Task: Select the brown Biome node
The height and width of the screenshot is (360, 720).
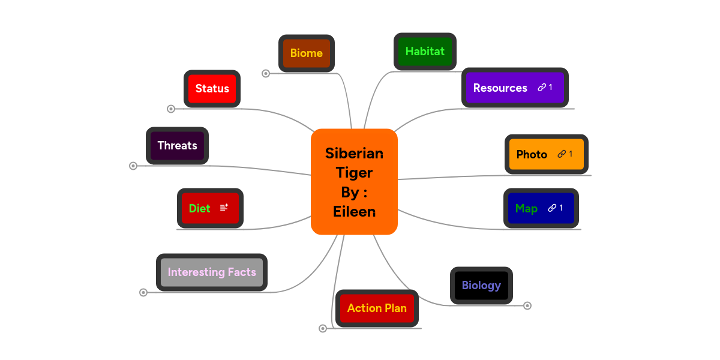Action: click(307, 53)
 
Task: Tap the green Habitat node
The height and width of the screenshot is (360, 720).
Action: click(425, 52)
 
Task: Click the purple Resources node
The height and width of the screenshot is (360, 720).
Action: click(501, 88)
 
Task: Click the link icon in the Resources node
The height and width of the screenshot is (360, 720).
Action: click(542, 88)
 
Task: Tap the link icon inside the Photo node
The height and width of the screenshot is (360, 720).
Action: click(562, 154)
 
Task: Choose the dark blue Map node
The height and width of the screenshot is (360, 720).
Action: click(527, 208)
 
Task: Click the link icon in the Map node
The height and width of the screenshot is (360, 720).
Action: click(552, 208)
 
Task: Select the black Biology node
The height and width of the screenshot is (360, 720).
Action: click(481, 286)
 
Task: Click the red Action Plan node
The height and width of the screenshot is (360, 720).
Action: click(377, 308)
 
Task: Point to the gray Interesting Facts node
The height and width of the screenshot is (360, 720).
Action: click(212, 272)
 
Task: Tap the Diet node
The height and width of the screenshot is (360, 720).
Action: click(200, 208)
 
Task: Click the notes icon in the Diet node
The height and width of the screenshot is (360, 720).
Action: click(224, 208)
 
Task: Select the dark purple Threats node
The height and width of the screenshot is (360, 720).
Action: click(177, 146)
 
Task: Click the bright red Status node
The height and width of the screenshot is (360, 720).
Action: click(212, 89)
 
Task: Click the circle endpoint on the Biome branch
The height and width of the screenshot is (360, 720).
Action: click(266, 73)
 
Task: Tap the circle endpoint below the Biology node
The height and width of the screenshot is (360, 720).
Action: click(527, 306)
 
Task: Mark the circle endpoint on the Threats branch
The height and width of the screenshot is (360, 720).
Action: click(133, 166)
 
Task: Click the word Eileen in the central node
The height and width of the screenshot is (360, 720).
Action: click(354, 212)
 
